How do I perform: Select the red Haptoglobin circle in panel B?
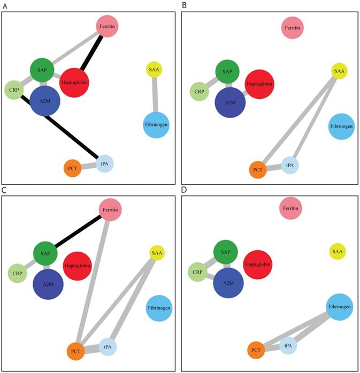click(259, 84)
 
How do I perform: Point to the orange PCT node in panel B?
click(258, 170)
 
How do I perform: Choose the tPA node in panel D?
click(288, 346)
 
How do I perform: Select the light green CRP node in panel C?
click(17, 274)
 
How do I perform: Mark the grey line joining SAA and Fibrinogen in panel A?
click(156, 94)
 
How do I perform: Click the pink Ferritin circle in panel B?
click(292, 27)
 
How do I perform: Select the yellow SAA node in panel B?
click(339, 71)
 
